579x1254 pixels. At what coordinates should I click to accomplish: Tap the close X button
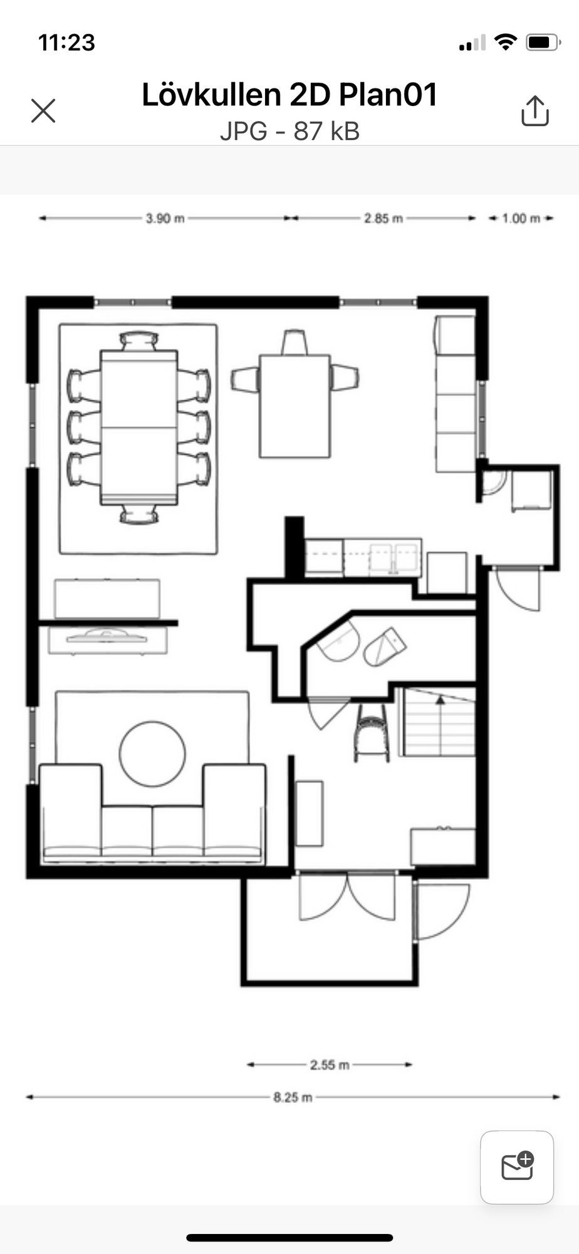tap(43, 111)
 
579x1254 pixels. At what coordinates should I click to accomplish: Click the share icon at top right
tap(535, 111)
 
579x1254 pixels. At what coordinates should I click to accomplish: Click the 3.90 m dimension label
tap(165, 218)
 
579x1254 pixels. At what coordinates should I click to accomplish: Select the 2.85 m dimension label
tap(383, 218)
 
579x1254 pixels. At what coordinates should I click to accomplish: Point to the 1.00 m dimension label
tap(521, 218)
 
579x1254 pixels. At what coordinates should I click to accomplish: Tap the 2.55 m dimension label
tap(330, 1065)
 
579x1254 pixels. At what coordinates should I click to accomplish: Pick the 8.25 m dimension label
tap(293, 1097)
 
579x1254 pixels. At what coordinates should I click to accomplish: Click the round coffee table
tap(152, 754)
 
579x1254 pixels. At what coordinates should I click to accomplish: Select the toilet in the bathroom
tap(383, 646)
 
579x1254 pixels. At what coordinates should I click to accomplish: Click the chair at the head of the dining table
tap(139, 341)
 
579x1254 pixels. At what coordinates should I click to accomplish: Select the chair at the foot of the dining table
tap(139, 514)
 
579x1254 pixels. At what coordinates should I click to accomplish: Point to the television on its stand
tap(107, 636)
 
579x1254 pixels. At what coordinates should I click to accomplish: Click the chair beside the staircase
tap(372, 732)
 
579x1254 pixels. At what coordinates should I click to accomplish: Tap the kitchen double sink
tap(394, 558)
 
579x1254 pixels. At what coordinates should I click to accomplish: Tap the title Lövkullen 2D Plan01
tap(289, 95)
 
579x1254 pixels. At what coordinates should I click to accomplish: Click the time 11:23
tap(66, 43)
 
